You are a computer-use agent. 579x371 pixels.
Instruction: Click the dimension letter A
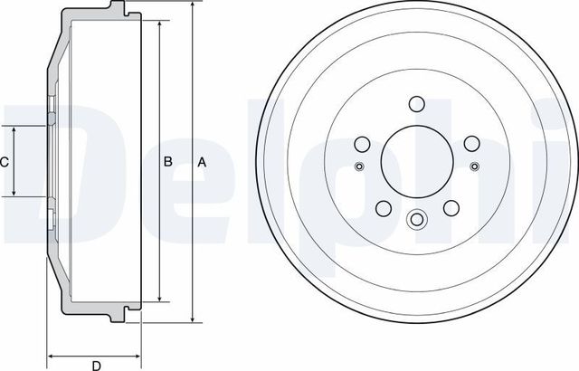[x=203, y=163]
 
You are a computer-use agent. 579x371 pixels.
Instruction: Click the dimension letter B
[x=167, y=163]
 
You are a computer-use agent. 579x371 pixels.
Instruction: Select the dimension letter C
[x=5, y=163]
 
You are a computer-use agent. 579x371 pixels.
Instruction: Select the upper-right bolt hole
[x=470, y=144]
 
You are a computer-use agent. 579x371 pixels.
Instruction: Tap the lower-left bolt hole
[x=382, y=207]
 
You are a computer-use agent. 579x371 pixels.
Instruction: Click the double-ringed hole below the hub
[x=416, y=220]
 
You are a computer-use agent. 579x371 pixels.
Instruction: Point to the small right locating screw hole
[x=474, y=165]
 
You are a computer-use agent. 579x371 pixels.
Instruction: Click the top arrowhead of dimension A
[x=193, y=6]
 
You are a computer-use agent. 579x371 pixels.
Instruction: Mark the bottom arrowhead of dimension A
[x=193, y=319]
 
